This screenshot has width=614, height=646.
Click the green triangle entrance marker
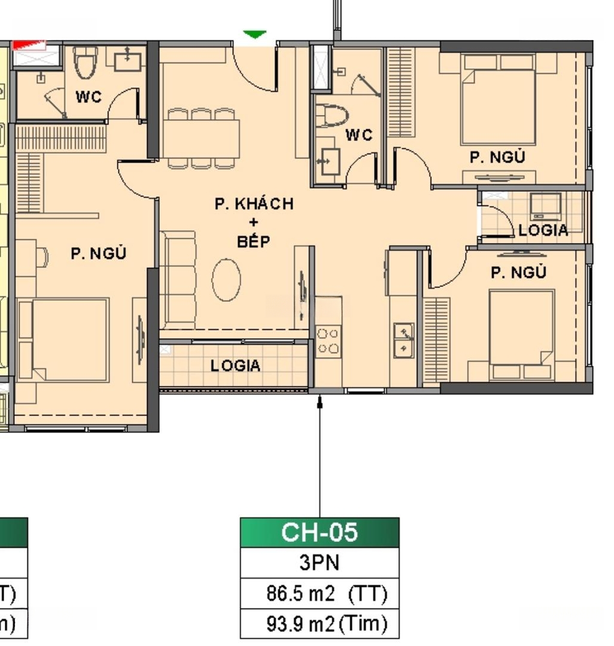coord(255,34)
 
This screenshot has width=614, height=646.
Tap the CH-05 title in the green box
coord(320,532)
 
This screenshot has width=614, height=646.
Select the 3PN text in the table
coord(320,562)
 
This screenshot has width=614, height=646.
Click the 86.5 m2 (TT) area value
coord(327,594)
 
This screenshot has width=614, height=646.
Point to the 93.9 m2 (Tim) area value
coord(327,624)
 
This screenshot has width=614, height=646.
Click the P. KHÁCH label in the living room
coord(254,203)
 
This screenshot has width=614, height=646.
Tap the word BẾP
coord(253,240)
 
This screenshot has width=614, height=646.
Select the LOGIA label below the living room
coord(235,365)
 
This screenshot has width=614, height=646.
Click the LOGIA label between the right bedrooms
coord(543,230)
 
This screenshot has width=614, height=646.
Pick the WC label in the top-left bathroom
coord(89,97)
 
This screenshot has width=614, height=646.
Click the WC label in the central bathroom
coord(359,135)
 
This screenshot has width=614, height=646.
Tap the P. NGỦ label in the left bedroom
coord(99,252)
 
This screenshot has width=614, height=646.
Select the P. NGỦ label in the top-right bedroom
coord(497,157)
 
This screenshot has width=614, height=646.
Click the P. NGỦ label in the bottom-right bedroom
coord(518,272)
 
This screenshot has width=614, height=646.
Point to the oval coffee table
coord(226,280)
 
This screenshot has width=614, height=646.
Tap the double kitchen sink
coord(404,340)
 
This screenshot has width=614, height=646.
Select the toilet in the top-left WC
coord(86,62)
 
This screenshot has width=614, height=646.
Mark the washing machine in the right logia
coord(546,206)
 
